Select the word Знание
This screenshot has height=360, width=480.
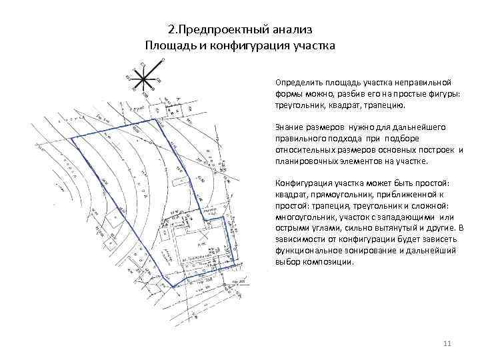tap(289, 127)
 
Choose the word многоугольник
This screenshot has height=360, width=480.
tap(304, 217)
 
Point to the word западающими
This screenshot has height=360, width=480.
tap(409, 217)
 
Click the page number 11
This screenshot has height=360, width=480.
tap(447, 343)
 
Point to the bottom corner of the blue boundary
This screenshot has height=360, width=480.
tap(174, 287)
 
